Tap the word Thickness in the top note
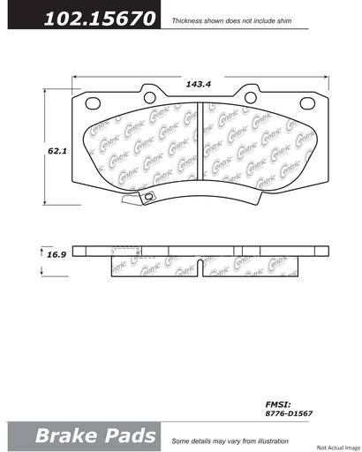(191, 18)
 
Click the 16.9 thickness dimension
(57, 255)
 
